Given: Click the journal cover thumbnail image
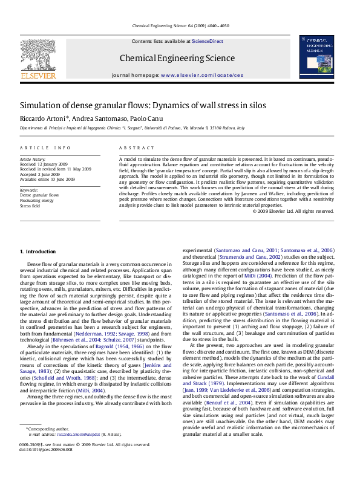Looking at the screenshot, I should point(316,56).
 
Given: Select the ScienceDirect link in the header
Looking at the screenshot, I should point(208,41).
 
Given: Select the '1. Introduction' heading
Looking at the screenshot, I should point(38,251).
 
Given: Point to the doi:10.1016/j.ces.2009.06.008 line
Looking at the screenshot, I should point(46,466).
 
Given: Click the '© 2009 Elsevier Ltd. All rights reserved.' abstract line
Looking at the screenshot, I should point(301,211).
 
